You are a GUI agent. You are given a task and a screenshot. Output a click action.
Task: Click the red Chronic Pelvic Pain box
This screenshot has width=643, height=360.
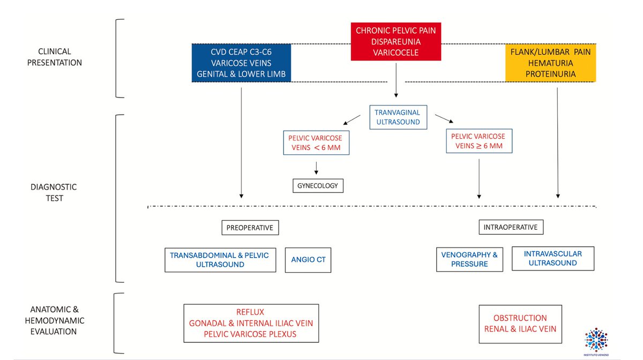pos(396,42)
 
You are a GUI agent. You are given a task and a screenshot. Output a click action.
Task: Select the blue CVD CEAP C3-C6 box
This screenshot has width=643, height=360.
pos(241,63)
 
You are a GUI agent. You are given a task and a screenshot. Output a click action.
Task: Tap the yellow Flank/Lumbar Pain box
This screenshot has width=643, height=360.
pos(551,63)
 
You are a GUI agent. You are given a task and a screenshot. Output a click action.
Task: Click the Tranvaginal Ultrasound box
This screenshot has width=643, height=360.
pos(398,117)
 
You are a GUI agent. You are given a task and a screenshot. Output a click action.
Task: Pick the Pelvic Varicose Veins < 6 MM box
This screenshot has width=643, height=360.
pos(316,142)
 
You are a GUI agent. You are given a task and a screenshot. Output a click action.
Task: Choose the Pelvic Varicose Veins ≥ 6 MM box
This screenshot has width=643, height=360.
pos(479,141)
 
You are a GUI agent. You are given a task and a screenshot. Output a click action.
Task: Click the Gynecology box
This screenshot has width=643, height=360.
pos(318,186)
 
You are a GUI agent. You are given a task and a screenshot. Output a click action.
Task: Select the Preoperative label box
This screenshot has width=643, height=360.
pos(250,228)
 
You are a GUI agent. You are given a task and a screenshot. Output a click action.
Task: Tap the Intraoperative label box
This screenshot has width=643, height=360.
pos(511,227)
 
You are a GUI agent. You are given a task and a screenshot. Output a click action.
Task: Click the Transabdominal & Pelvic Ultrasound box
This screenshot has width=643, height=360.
pos(220,260)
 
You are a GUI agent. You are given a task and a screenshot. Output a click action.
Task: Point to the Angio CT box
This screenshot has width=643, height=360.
pos(308,260)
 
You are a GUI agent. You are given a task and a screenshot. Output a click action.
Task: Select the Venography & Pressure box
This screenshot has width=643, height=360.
pos(469,259)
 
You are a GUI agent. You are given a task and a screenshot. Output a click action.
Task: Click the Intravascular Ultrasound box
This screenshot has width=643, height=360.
pos(553,258)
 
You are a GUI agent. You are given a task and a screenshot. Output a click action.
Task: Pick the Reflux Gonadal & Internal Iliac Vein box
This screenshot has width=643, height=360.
pos(251,323)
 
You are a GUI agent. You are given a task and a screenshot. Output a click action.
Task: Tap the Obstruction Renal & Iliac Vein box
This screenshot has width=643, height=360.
pos(520,324)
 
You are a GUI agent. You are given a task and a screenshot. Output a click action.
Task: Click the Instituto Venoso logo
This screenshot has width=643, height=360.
pos(596,342)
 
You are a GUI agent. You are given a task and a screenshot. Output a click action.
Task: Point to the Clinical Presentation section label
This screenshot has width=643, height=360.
pos(55,57)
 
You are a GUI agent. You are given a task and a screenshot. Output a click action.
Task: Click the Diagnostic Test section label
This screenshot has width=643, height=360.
pos(54,192)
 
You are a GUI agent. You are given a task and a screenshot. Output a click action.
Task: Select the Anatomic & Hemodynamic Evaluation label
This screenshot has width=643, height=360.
pos(55,320)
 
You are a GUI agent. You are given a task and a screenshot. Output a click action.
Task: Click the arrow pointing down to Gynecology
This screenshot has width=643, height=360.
pos(316,168)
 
